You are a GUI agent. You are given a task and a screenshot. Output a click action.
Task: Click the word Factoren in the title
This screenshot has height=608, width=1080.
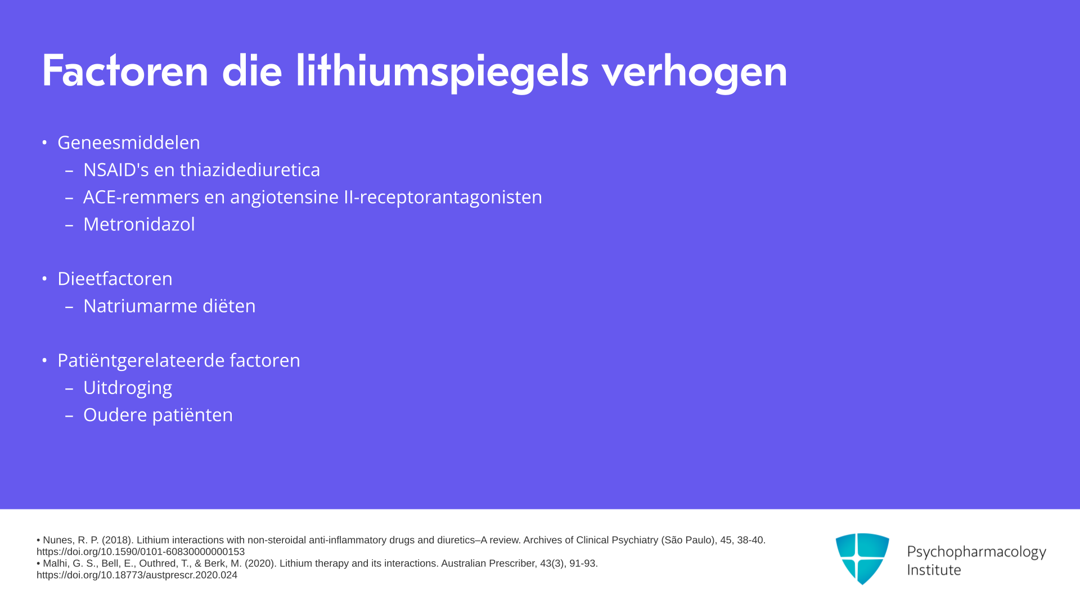pyautogui.click(x=125, y=71)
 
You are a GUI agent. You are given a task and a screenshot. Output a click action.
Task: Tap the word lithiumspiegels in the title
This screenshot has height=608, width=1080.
pyautogui.click(x=442, y=72)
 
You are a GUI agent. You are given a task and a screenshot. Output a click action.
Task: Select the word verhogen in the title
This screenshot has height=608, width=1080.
pyautogui.click(x=694, y=72)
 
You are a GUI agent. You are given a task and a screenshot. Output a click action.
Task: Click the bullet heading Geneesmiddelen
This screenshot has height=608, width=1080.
pyautogui.click(x=129, y=142)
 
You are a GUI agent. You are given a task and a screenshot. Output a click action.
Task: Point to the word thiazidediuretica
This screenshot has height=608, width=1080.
pyautogui.click(x=250, y=169)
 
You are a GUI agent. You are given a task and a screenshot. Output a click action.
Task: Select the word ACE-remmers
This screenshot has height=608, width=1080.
pyautogui.click(x=141, y=197)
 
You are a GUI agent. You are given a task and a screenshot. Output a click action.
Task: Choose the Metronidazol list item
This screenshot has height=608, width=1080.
pyautogui.click(x=139, y=224)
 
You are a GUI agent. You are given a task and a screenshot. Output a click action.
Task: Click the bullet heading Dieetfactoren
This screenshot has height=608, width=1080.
pyautogui.click(x=115, y=279)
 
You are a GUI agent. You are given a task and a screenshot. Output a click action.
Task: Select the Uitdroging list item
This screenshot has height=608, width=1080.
pyautogui.click(x=128, y=388)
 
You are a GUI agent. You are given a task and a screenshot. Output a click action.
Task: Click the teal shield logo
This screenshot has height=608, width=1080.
pyautogui.click(x=862, y=558)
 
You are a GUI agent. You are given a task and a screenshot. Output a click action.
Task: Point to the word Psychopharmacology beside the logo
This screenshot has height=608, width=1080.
pyautogui.click(x=976, y=552)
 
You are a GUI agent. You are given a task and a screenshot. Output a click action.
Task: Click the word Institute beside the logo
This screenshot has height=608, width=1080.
pyautogui.click(x=934, y=570)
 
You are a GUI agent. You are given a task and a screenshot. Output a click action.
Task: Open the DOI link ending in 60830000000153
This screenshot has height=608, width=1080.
pyautogui.click(x=141, y=552)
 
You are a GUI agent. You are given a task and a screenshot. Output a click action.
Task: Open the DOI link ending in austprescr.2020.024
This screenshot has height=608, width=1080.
pyautogui.click(x=137, y=575)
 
